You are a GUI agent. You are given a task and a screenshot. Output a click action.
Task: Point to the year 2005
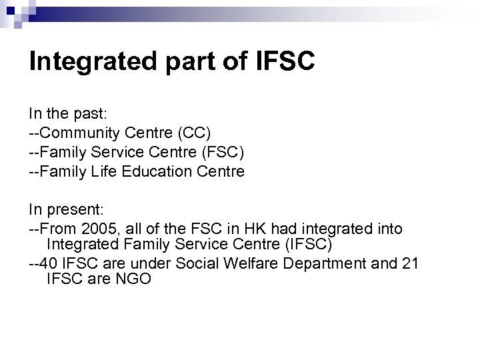point(93,229)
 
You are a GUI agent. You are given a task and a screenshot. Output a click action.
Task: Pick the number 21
point(410,263)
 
